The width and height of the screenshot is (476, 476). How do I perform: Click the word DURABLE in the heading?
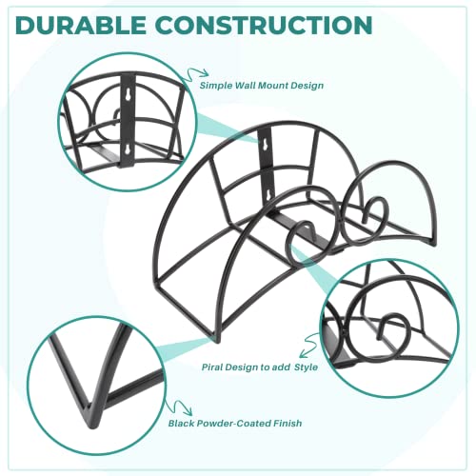81,25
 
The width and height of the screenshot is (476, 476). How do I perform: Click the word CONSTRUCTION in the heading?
264,25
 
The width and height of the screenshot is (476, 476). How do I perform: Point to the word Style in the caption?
306,367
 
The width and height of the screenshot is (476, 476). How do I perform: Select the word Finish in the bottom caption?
289,424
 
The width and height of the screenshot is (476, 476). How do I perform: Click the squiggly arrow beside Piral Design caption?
308,345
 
